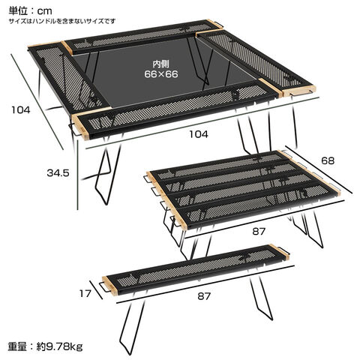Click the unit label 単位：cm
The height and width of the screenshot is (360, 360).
tap(31, 10)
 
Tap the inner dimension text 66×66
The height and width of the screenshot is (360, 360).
tap(161, 74)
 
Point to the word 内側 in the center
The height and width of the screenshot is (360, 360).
tap(161, 64)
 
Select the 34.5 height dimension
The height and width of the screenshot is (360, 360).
tap(58, 173)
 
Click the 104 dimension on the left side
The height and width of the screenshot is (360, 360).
tap(21, 109)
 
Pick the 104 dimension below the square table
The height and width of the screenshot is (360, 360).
tap(199, 134)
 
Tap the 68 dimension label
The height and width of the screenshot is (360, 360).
tap(328, 160)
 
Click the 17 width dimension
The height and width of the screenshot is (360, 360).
tap(85, 293)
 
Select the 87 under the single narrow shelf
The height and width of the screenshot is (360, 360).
tap(204, 296)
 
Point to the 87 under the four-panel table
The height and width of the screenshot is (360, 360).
tap(259, 232)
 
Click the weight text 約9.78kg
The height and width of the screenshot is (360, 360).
tap(59, 346)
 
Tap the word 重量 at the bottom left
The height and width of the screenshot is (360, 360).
tap(17, 346)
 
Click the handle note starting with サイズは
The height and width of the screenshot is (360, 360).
tap(62, 21)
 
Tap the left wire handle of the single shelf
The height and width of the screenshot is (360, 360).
tap(103, 286)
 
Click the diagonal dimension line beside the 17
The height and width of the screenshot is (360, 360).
tap(96, 289)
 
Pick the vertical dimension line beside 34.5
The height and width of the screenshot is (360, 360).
tap(78, 175)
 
